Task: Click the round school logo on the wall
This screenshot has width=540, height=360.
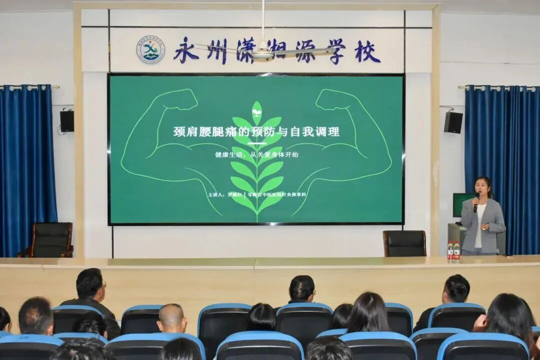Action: pyautogui.click(x=150, y=49)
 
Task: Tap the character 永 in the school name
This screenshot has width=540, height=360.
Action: pyautogui.click(x=186, y=50)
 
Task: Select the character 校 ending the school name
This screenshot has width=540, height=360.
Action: pyautogui.click(x=367, y=51)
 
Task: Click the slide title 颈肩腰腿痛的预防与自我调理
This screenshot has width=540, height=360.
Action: pyautogui.click(x=256, y=131)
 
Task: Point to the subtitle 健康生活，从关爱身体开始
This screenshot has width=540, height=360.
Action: pyautogui.click(x=256, y=154)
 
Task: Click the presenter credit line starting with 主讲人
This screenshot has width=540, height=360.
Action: pyautogui.click(x=256, y=194)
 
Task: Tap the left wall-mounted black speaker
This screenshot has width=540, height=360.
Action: pyautogui.click(x=67, y=121)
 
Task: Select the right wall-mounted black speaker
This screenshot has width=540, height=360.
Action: pyautogui.click(x=452, y=122)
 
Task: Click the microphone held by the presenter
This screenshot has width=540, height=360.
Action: pyautogui.click(x=476, y=200)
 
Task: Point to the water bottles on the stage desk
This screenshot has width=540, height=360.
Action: pyautogui.click(x=453, y=251)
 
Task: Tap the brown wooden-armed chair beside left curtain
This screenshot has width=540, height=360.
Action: pyautogui.click(x=49, y=239)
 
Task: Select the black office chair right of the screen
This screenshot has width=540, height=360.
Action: pyautogui.click(x=404, y=243)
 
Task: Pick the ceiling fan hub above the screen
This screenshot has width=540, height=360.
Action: pyautogui.click(x=262, y=54)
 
